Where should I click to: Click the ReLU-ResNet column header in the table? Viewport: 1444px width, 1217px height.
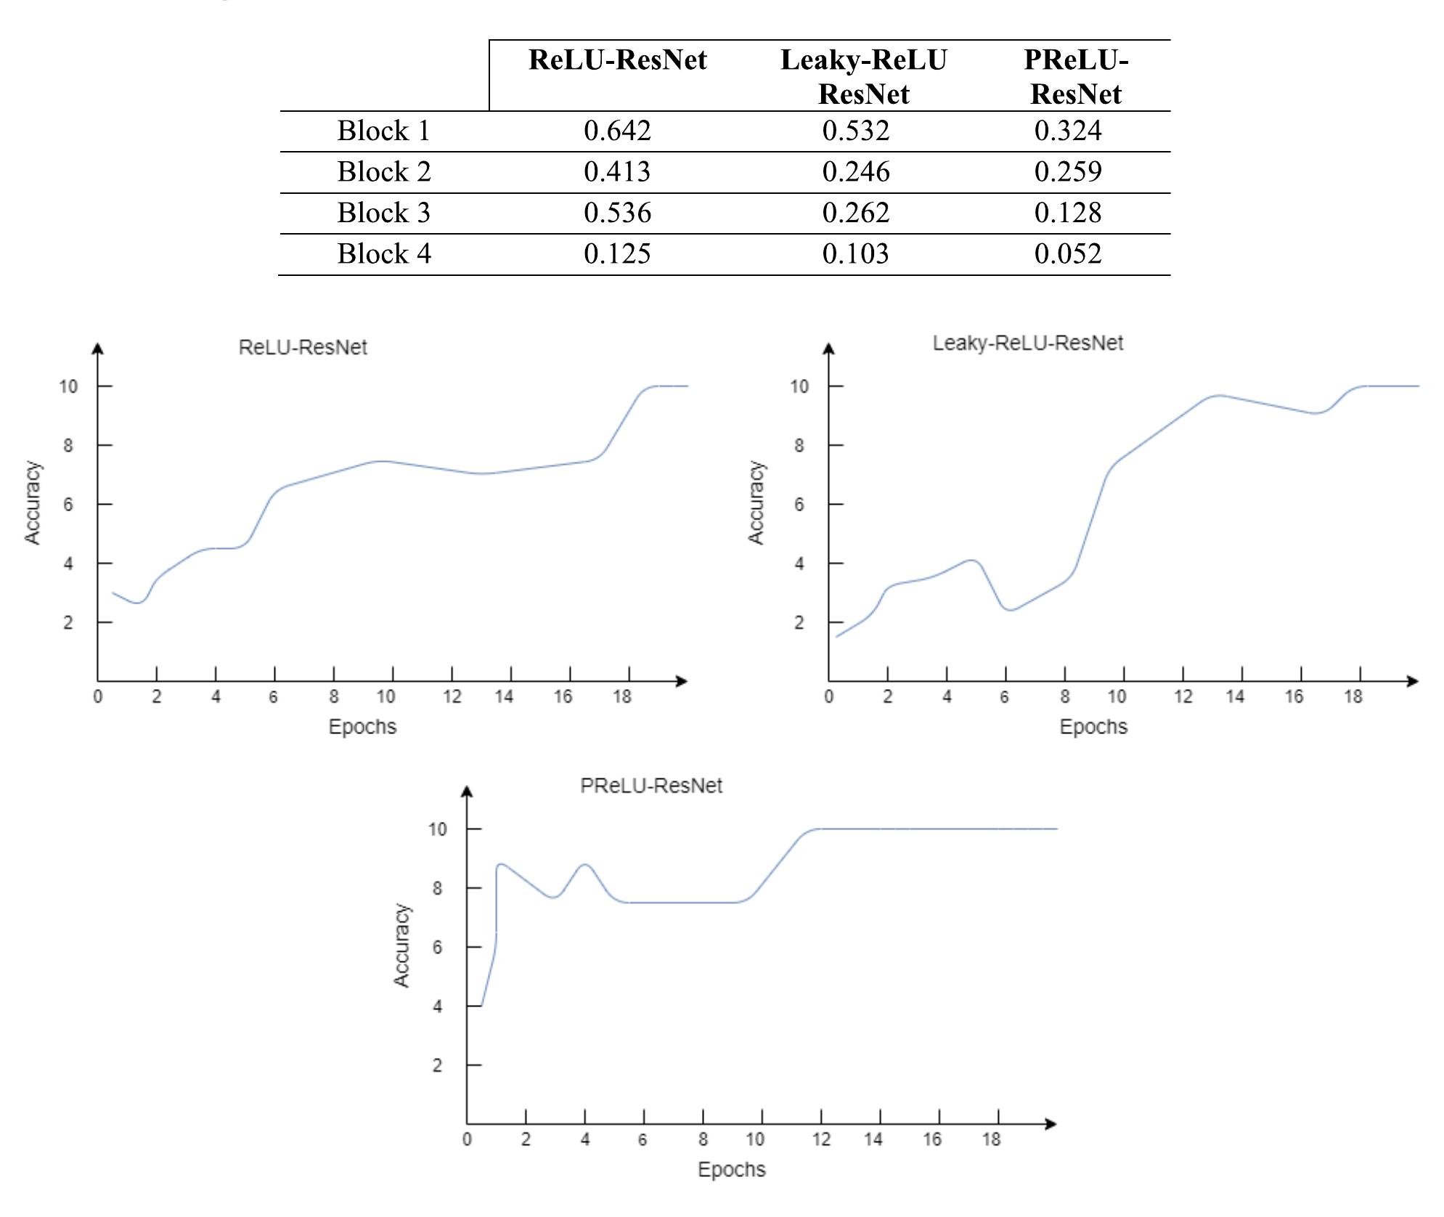click(x=617, y=60)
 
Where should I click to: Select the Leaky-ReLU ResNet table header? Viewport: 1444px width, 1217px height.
click(x=863, y=76)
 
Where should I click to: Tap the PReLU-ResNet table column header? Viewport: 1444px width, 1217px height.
click(x=1076, y=76)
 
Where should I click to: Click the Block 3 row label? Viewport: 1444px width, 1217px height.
click(x=384, y=213)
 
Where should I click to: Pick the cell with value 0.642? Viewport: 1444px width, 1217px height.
click(x=617, y=131)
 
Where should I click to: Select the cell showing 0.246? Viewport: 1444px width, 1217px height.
click(x=855, y=172)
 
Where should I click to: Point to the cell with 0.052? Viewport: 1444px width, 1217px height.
click(x=1068, y=254)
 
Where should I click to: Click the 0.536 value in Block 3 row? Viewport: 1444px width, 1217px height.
click(x=617, y=213)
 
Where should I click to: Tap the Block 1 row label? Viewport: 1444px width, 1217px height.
click(x=384, y=131)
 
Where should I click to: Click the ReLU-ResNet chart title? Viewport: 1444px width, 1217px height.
click(x=303, y=347)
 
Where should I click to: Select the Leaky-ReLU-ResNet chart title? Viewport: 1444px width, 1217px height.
click(x=1027, y=343)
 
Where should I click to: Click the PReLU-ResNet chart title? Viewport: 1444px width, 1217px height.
click(x=651, y=786)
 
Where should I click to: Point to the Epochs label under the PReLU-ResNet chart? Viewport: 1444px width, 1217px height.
click(x=731, y=1169)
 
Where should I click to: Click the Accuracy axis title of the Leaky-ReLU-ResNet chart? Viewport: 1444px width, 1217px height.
click(x=756, y=502)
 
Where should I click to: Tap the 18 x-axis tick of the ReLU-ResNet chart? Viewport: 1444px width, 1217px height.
click(x=622, y=697)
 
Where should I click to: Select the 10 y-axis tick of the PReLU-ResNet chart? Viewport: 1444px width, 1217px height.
click(x=437, y=829)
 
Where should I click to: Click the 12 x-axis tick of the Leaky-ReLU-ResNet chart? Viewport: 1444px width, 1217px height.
click(x=1183, y=697)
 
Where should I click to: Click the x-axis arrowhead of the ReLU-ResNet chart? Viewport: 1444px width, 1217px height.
click(x=681, y=681)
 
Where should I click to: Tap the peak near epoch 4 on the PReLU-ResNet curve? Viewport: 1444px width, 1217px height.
click(x=585, y=865)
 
